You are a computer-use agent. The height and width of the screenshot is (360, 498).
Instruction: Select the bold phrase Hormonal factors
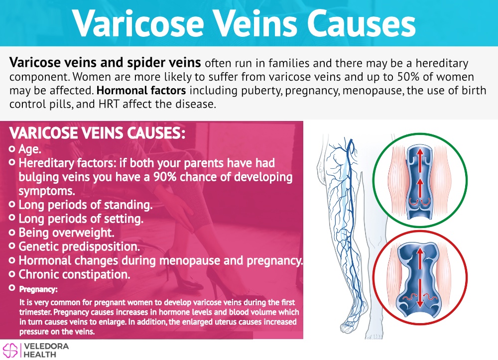(141, 91)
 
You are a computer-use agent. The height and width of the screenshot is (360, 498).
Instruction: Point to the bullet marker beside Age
(12, 148)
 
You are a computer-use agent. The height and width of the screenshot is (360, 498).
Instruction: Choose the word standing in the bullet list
(128, 205)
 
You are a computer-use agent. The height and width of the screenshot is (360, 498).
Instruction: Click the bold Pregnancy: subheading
(38, 289)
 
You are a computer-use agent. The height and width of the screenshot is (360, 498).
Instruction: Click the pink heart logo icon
(10, 351)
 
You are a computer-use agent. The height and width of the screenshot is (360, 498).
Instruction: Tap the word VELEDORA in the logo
(46, 347)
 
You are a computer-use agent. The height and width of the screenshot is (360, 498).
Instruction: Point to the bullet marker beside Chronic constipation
(12, 274)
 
